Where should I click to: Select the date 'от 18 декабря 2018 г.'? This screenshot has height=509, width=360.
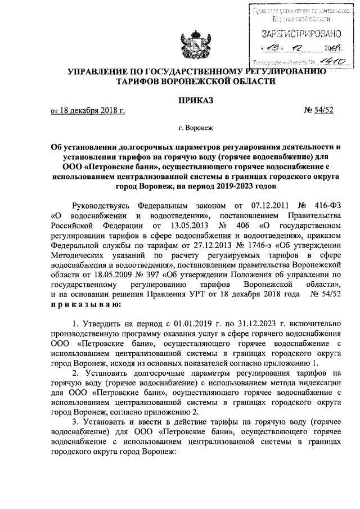coord(87,111)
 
